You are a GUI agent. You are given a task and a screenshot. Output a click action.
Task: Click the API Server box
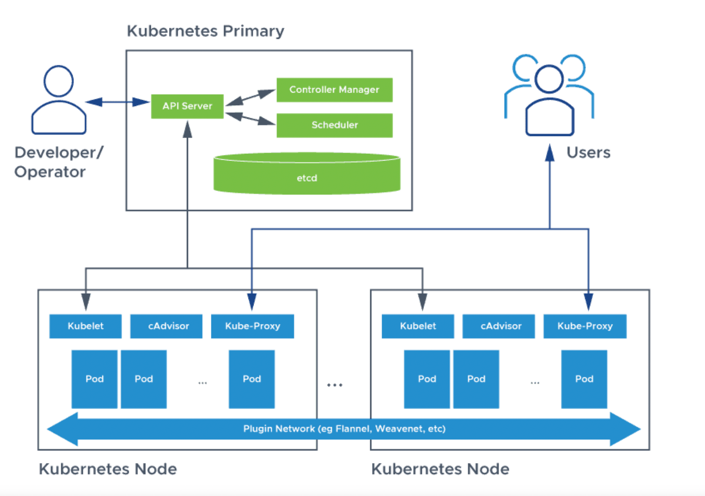point(187,106)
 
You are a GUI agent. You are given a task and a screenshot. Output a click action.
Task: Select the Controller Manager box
point(334,90)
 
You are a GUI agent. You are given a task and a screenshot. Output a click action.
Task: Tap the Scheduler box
point(334,125)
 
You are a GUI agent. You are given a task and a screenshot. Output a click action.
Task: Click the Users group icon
point(549,95)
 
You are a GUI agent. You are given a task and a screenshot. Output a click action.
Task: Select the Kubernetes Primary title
point(205,31)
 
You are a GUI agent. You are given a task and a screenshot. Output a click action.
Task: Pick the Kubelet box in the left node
point(85,326)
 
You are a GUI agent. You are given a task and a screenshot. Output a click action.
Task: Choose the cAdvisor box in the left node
point(166,326)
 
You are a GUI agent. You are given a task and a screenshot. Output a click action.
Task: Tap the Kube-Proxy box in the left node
point(252,326)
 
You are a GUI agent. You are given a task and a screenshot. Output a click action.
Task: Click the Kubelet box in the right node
point(418,326)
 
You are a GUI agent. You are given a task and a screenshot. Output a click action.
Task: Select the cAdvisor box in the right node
point(498,326)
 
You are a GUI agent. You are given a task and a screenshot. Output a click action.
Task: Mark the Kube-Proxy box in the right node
point(585,326)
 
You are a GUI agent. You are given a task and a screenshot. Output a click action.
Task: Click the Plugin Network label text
point(344,429)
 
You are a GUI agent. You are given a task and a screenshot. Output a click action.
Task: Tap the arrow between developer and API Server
point(117,102)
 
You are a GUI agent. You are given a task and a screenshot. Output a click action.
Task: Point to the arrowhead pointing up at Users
point(549,153)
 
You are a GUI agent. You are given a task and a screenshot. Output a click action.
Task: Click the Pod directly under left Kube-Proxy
point(252,379)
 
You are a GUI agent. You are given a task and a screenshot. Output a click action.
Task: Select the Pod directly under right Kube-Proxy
point(584,379)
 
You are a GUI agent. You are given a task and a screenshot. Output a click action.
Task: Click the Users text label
point(588,153)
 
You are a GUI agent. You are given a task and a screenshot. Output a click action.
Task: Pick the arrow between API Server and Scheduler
point(250,118)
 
